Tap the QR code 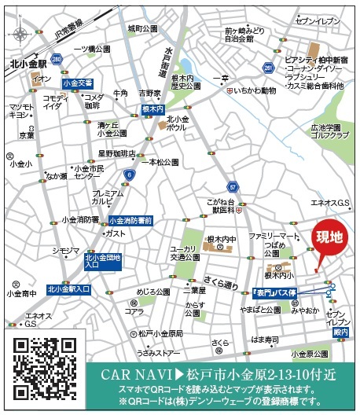coord(46,368)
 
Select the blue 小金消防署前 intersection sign coord(130,222)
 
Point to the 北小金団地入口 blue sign coord(103,261)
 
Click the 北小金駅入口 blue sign coord(69,288)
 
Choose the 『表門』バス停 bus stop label coord(274,292)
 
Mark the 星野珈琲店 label coord(116,153)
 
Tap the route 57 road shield coord(233,186)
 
